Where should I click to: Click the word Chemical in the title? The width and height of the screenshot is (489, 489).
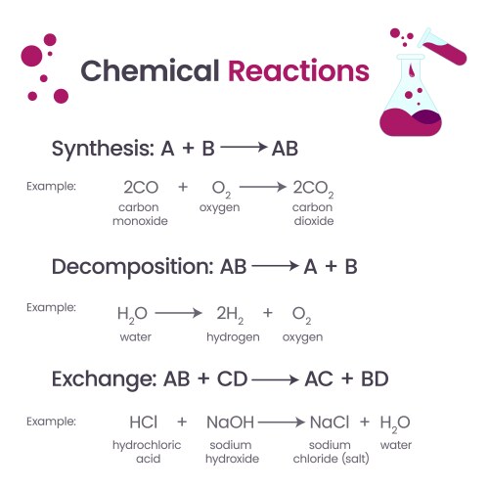coord(150,71)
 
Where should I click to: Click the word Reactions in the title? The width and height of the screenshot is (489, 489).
coord(298,71)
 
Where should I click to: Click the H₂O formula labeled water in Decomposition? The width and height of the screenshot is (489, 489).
coord(132,314)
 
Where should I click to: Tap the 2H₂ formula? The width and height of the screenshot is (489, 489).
coord(232,314)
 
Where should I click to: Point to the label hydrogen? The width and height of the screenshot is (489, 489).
coord(232,337)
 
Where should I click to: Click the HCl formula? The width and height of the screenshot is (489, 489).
coord(143,422)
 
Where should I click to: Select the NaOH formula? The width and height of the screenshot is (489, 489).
coord(230,422)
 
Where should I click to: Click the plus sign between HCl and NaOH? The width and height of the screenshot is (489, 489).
coord(181,422)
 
